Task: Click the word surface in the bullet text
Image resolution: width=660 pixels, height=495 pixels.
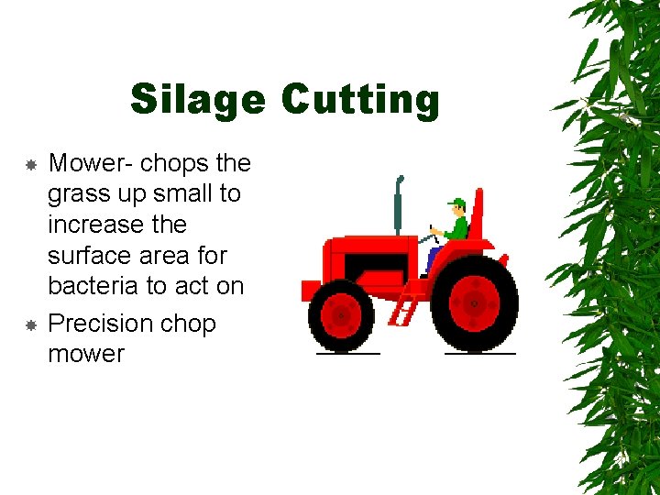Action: [x=88, y=256]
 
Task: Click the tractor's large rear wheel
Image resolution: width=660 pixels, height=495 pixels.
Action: [x=474, y=302]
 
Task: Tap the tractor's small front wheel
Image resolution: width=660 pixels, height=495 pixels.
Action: [x=341, y=315]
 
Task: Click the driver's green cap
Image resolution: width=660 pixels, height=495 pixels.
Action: [x=456, y=202]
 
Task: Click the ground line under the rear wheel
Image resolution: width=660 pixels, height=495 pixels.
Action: [x=478, y=353]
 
